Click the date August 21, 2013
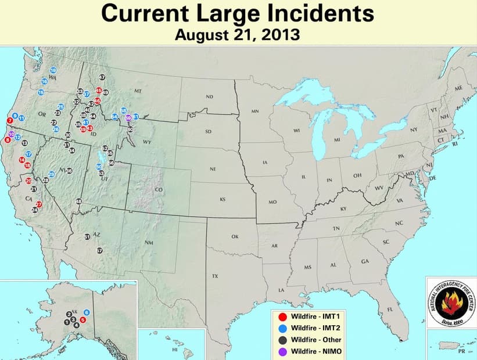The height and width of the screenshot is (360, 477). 238,35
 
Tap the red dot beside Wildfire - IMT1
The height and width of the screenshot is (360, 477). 282,317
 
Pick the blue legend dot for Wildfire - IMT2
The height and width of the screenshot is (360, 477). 282,328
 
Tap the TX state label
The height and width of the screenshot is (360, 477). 215,276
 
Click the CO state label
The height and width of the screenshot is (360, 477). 158,190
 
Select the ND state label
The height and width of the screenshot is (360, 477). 209,96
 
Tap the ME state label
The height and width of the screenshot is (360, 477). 458,88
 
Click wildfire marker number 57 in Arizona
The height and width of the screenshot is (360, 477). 99,250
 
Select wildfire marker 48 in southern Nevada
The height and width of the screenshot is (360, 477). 79,201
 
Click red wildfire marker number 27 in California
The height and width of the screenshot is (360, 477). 39,204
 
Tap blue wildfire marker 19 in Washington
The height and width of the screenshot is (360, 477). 53,70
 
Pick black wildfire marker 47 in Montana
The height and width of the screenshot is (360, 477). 102,77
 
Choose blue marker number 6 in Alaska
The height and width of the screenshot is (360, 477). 87,312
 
